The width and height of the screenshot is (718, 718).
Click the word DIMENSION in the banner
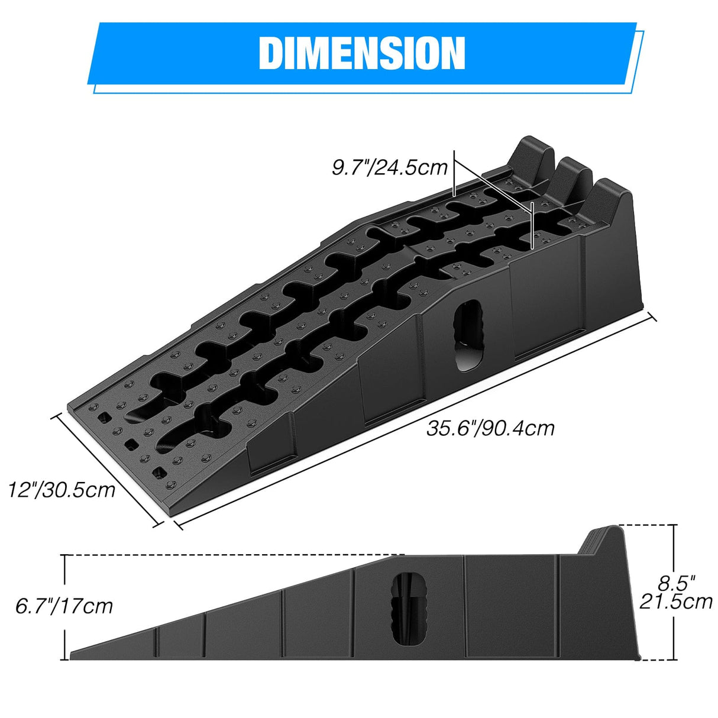362,53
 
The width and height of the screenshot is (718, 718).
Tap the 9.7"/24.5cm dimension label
390,167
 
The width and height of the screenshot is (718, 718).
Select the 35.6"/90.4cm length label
490,428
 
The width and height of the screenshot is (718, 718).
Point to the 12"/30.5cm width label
62,489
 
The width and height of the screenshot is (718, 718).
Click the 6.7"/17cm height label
64,606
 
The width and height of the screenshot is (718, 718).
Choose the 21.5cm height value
676,602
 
